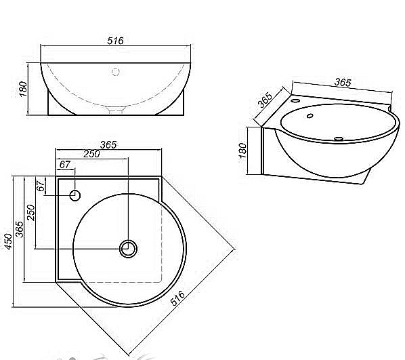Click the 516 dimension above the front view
coord(115,41)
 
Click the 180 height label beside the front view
coord(23,89)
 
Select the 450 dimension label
coord(9,241)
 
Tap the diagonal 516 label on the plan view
coord(177,298)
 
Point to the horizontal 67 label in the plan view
coord(64,165)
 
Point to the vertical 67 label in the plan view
coord(41,186)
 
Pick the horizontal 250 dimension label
coord(91,154)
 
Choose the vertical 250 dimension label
coord(30,212)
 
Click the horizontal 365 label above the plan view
coord(108,144)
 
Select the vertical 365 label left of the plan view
coord(20,229)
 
